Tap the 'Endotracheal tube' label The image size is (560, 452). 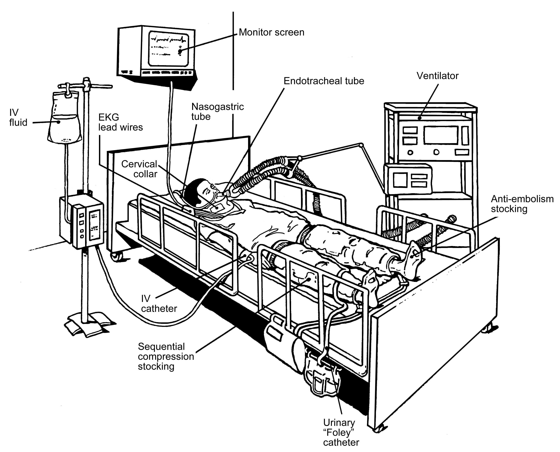pyautogui.click(x=324, y=81)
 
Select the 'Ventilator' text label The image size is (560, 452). pyautogui.click(x=437, y=76)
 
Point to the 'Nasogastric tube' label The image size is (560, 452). pyautogui.click(x=217, y=111)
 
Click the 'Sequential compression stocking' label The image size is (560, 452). pyautogui.click(x=166, y=356)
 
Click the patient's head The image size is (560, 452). pyautogui.click(x=198, y=190)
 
